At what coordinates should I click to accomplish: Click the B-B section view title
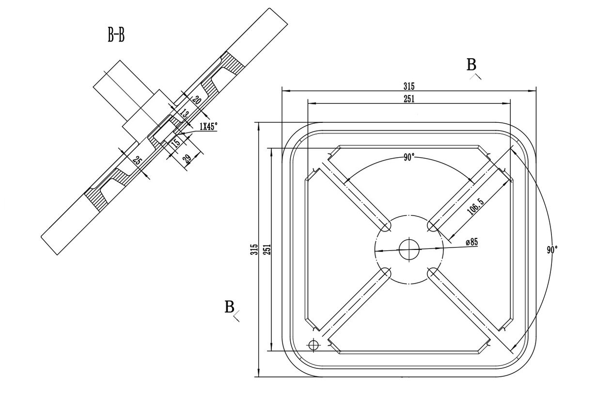(x=116, y=35)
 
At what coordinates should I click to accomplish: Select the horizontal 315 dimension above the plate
(x=409, y=86)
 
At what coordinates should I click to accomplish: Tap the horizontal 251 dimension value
(x=409, y=99)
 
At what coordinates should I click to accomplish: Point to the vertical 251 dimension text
(x=267, y=249)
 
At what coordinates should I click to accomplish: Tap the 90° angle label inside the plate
(x=409, y=157)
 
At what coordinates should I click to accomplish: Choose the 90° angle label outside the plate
(x=552, y=249)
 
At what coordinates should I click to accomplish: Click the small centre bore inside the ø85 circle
(x=409, y=249)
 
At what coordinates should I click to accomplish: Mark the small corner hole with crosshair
(x=314, y=345)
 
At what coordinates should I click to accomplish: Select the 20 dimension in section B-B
(x=196, y=101)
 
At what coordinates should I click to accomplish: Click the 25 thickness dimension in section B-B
(x=138, y=161)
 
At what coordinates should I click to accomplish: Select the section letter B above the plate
(x=471, y=65)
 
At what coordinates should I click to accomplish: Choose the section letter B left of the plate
(x=230, y=307)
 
